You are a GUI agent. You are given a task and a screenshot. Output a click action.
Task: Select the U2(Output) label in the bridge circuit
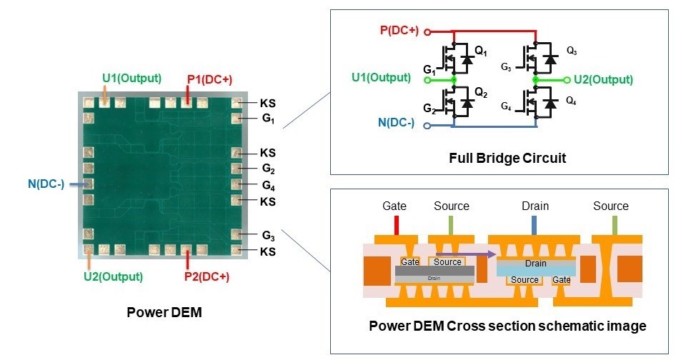click(603, 79)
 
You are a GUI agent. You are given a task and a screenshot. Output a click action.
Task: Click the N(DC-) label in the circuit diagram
click(395, 122)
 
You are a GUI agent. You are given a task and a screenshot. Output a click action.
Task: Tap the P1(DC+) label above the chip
click(209, 79)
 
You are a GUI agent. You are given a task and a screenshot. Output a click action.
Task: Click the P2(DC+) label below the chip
click(207, 276)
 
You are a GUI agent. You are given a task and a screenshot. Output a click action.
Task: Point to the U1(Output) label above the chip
click(131, 78)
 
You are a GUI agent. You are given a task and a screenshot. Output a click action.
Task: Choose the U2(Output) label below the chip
click(113, 276)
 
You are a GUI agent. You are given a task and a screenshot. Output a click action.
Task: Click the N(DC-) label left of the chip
click(46, 184)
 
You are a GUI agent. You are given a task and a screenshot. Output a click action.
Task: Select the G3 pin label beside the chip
click(269, 236)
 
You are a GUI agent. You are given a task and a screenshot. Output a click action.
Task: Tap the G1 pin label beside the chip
click(268, 118)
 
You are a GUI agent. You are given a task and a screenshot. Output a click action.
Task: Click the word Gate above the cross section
click(394, 206)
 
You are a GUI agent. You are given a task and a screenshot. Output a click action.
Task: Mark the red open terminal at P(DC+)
click(427, 31)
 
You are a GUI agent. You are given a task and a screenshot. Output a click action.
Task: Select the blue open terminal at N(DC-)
click(427, 126)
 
